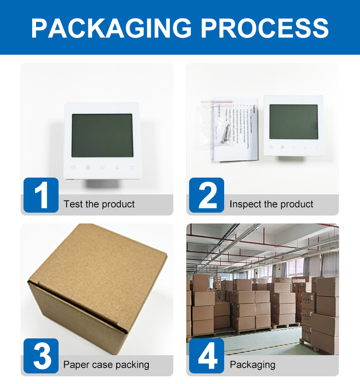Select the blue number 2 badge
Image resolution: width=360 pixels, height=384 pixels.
pyautogui.click(x=206, y=195)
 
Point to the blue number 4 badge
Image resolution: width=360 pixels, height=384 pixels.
pyautogui.click(x=206, y=356)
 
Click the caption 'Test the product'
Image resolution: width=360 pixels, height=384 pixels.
pyautogui.click(x=99, y=204)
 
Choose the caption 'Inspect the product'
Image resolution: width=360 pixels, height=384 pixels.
pyautogui.click(x=271, y=204)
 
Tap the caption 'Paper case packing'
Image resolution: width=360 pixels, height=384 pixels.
pyautogui.click(x=106, y=365)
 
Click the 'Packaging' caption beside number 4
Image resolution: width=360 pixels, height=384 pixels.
pyautogui.click(x=252, y=365)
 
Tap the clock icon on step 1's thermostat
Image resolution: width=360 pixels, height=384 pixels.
pyautogui.click(x=73, y=168)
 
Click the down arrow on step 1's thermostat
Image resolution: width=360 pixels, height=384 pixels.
pyautogui.click(x=132, y=168)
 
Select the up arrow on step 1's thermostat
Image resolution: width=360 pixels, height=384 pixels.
pyautogui.click(x=117, y=168)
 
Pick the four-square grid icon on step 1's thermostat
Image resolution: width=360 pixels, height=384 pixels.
pyautogui.click(x=88, y=168)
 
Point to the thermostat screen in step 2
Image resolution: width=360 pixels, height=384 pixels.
pyautogui.click(x=293, y=122)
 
